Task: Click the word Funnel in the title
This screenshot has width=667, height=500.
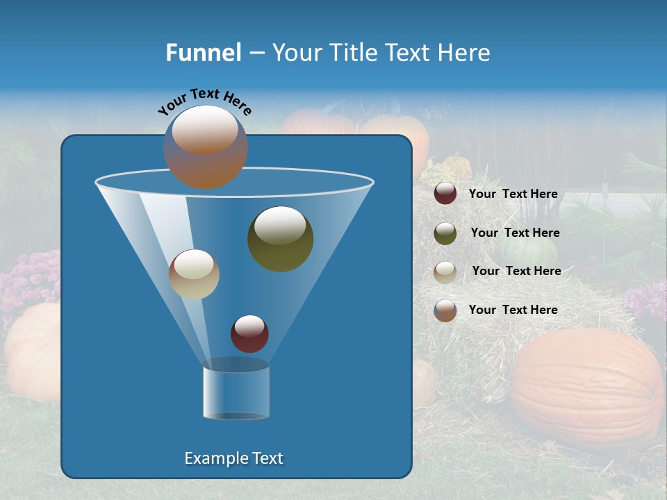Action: [204, 53]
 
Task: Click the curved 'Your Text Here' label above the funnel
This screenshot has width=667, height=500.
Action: [205, 101]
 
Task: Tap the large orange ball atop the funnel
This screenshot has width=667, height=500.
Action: [206, 147]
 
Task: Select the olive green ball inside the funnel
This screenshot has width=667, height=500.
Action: [280, 239]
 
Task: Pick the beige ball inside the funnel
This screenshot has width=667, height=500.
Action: [194, 274]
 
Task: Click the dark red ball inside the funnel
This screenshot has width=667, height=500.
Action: [249, 333]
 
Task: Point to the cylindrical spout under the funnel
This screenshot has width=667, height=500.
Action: [236, 392]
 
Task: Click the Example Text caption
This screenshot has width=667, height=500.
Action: [234, 458]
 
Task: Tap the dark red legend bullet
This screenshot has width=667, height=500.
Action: [445, 194]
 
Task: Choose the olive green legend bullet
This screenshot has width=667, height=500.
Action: [445, 233]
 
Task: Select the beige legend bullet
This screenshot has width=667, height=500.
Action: [445, 272]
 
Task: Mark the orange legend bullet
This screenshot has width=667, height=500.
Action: [445, 310]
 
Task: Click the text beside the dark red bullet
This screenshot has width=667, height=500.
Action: [513, 194]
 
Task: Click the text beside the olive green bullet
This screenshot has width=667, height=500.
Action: [515, 233]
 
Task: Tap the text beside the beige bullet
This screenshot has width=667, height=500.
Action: [516, 272]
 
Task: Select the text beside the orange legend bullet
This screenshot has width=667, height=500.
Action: [513, 310]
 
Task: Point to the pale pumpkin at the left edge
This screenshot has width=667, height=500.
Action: [31, 351]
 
